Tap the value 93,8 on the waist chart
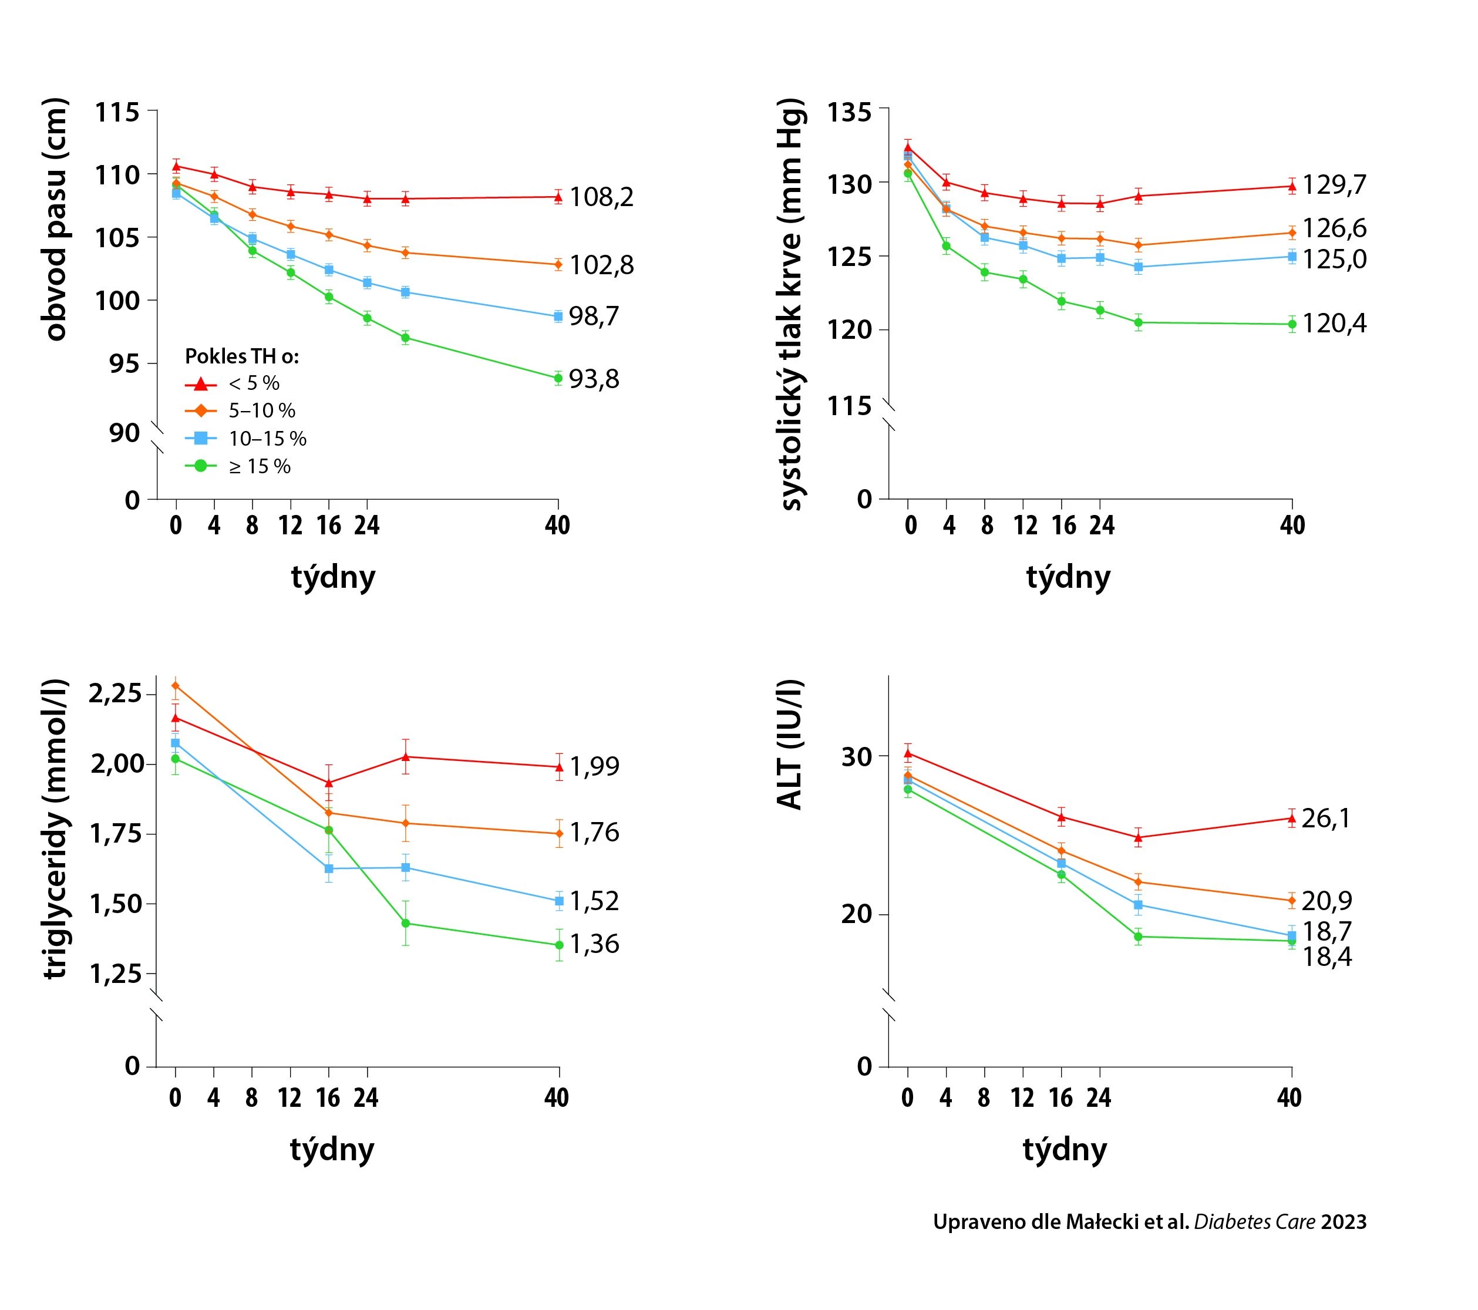tap(594, 379)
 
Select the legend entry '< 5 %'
tap(254, 383)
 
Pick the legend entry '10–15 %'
tap(268, 439)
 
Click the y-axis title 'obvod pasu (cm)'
tap(55, 219)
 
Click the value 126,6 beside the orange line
tap(1334, 228)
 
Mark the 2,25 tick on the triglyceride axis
tap(116, 694)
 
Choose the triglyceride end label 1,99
tap(594, 766)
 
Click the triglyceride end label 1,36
tap(594, 944)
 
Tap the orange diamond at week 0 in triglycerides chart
tap(175, 685)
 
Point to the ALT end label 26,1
tap(1325, 819)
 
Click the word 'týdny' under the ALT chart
tap(1065, 1150)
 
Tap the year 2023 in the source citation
tap(1344, 1222)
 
